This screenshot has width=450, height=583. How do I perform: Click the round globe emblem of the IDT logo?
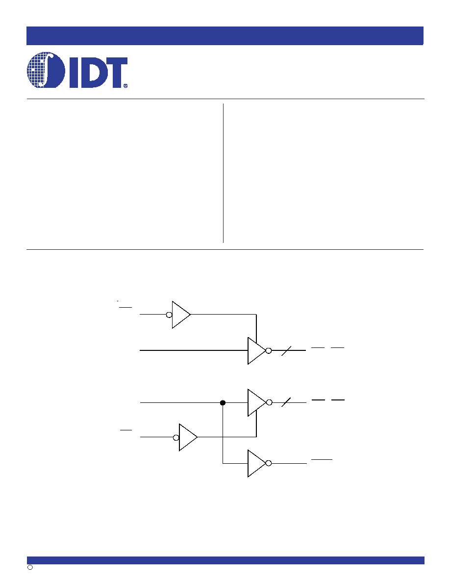(46, 70)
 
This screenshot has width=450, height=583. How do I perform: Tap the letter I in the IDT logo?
(74, 73)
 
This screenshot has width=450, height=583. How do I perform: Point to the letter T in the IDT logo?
(116, 73)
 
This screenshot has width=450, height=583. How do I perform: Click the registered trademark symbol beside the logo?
(125, 85)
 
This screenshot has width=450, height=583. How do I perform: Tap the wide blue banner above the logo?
(225, 36)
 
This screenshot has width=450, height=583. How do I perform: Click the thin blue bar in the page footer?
(225, 560)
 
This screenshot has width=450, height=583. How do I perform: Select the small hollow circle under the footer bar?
(30, 567)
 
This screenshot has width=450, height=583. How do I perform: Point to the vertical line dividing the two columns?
(223, 173)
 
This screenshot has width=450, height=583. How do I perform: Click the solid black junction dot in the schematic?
(223, 403)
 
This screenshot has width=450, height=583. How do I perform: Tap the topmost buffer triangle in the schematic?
(181, 315)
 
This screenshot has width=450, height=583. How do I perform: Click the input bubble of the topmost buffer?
(169, 315)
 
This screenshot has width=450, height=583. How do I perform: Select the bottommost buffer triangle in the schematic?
(257, 463)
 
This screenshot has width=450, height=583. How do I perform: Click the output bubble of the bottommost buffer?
(269, 463)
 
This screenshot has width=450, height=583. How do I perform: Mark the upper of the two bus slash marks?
(286, 351)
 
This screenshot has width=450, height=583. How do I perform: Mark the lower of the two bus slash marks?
(286, 402)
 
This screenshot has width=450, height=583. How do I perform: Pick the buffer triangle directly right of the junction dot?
(257, 403)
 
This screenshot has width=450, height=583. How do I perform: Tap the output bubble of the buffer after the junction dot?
(269, 402)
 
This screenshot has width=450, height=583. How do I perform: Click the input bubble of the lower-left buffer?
(176, 438)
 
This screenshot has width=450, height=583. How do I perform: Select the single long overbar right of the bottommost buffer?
(322, 459)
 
